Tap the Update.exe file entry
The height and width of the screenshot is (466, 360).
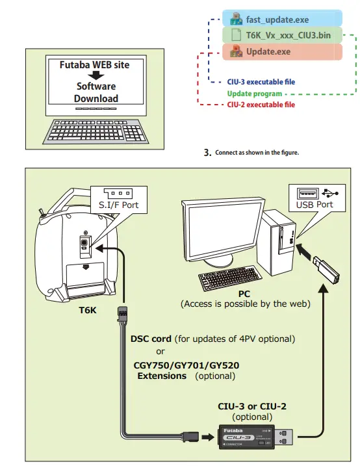pos(268,51)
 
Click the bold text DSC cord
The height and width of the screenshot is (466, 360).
pos(151,339)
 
